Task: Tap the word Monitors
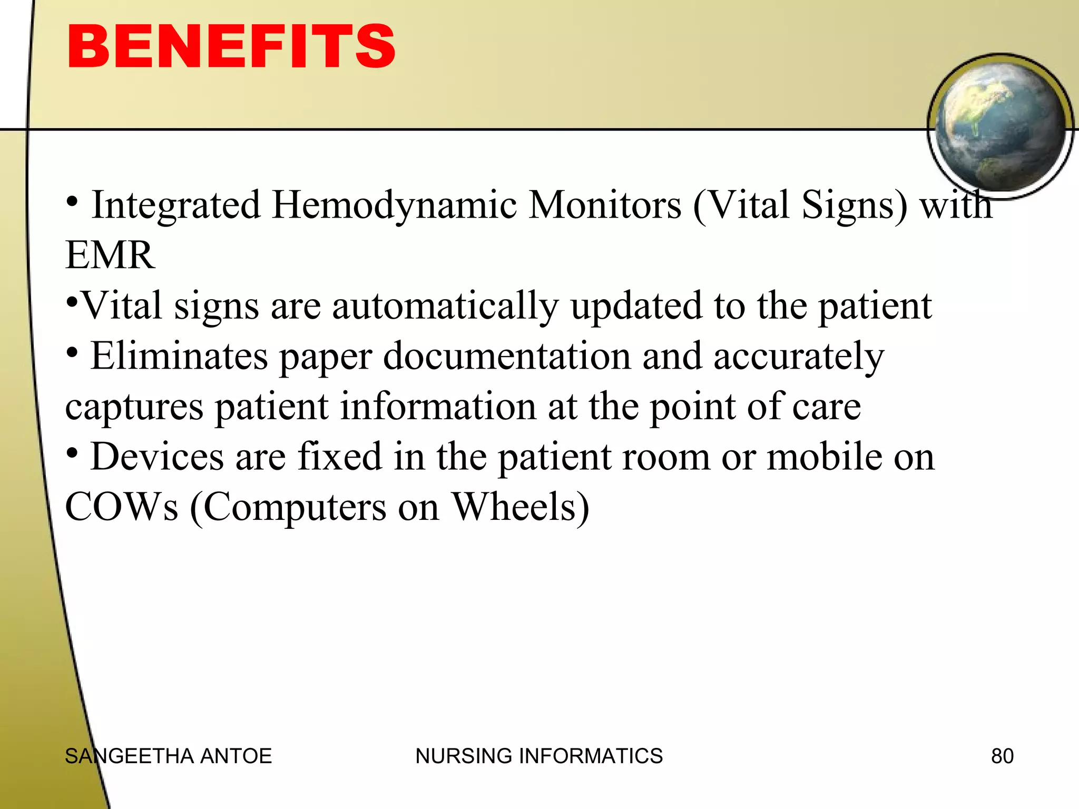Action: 604,205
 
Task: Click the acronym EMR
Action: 110,255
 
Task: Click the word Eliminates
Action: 179,357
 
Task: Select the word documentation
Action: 507,357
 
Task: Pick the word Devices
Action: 157,457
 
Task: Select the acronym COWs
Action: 122,507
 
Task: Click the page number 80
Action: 1002,756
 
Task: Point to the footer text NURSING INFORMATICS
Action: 539,756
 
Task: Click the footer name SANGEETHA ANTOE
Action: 168,756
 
